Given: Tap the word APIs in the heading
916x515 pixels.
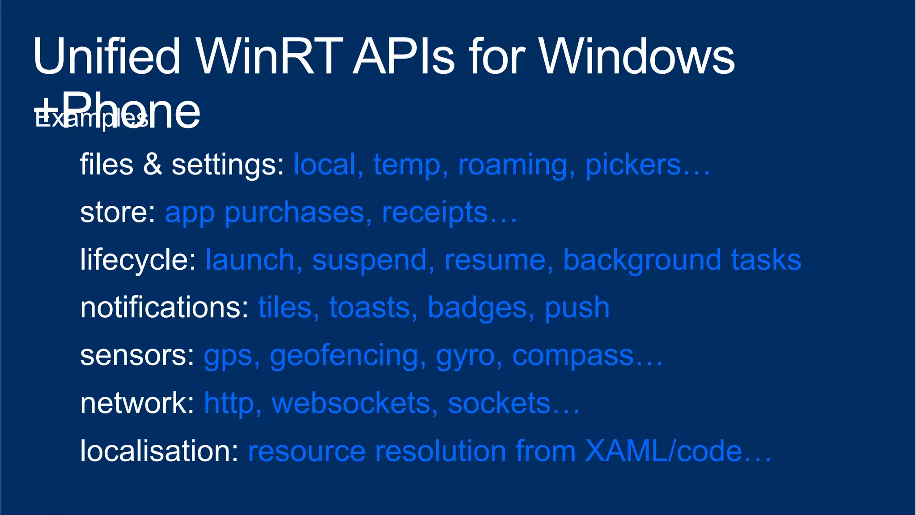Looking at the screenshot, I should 404,57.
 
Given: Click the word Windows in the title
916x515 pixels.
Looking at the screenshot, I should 637,57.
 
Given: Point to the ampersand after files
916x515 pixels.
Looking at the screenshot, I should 153,164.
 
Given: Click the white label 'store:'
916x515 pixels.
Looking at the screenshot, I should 118,212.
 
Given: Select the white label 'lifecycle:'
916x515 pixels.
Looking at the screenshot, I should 138,260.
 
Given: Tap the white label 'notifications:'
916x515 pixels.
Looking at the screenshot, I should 164,308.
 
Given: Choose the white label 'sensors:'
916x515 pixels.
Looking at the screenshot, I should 137,356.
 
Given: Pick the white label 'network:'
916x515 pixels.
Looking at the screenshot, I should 137,403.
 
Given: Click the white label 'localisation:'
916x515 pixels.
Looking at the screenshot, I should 159,451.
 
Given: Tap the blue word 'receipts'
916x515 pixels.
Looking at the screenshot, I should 434,213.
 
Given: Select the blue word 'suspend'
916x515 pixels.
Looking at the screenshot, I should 369,261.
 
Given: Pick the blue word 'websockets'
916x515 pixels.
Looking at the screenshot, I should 351,403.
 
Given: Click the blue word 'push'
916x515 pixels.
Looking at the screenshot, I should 577,309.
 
